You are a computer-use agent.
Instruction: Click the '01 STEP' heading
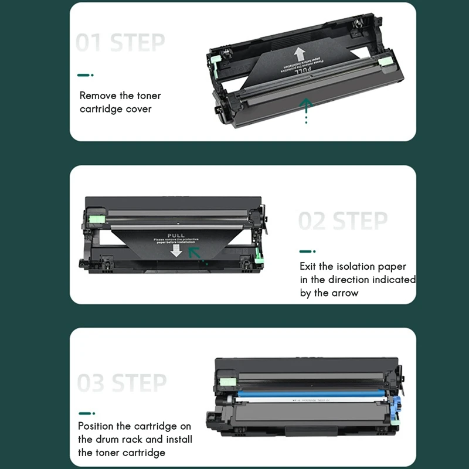(x=121, y=43)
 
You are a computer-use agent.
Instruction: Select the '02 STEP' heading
(x=343, y=221)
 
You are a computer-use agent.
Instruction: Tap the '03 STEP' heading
(x=122, y=383)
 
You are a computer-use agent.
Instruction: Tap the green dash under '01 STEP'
(x=86, y=75)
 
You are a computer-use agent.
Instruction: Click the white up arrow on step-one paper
(x=300, y=55)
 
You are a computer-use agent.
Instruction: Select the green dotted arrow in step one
(x=305, y=110)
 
